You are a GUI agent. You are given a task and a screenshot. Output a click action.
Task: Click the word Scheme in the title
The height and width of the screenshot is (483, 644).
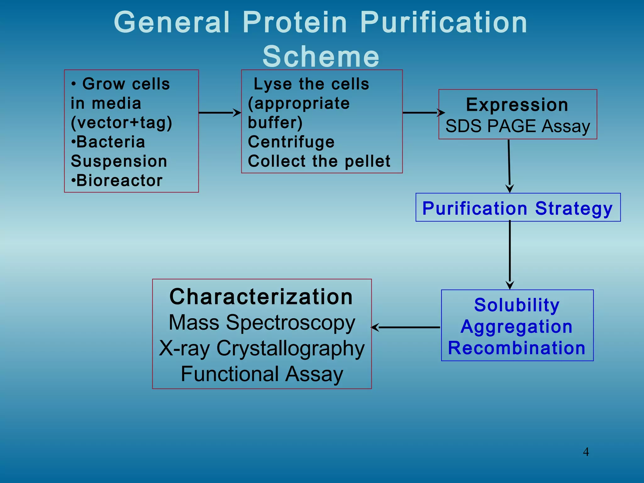point(321,57)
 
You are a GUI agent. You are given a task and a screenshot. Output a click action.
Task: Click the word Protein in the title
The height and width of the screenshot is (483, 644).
point(295,23)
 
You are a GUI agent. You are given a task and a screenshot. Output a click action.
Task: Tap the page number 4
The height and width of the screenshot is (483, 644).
point(586,452)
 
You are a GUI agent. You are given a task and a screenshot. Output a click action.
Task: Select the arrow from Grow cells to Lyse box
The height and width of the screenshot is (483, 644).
point(219,113)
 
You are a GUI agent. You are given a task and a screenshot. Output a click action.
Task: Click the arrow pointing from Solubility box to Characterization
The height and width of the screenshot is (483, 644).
point(406,327)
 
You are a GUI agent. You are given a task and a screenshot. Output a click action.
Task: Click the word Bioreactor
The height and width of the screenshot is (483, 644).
point(119,181)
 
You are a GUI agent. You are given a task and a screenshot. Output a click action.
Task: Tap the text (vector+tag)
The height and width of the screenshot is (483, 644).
point(121,123)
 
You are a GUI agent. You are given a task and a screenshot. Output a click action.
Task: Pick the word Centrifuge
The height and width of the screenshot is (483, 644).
point(291,142)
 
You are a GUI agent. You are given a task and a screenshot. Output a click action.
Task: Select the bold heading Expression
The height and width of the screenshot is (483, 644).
point(517,105)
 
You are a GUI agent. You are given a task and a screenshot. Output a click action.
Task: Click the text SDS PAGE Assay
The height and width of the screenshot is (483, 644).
point(518,126)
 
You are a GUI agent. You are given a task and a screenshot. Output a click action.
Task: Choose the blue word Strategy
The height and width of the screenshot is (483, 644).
point(574,208)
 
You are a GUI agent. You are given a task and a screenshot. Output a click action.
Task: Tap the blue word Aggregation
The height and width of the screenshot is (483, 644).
point(517,326)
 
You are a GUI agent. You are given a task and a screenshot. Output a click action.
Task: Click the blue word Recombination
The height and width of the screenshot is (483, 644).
point(517,348)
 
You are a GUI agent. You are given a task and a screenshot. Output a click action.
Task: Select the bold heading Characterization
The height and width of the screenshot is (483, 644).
point(261,297)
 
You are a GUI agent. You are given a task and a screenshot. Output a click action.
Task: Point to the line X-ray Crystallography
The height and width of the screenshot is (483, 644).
point(262,348)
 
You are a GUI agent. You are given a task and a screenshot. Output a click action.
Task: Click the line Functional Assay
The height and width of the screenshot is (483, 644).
point(262,374)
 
